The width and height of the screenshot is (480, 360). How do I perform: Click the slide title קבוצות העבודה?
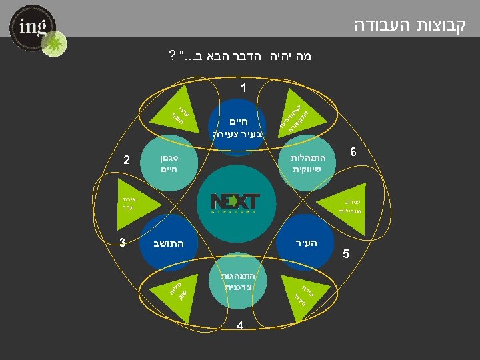click(410, 25)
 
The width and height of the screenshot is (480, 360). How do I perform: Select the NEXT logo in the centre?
click(235, 202)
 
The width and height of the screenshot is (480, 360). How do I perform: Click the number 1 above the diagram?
click(243, 87)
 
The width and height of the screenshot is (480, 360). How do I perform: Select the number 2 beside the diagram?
click(127, 159)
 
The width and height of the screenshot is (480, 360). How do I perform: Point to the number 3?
click(123, 242)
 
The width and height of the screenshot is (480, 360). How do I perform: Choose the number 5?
click(345, 254)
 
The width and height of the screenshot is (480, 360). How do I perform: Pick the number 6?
click(353, 152)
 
